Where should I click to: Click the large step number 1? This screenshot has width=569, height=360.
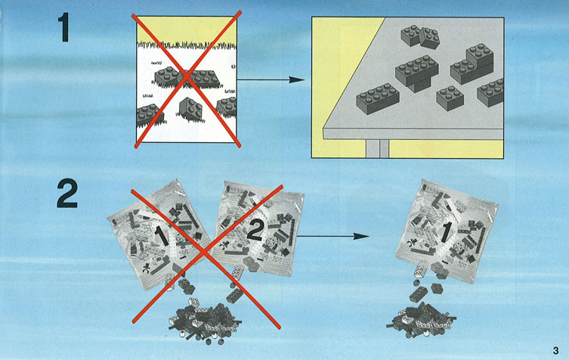pos(64,28)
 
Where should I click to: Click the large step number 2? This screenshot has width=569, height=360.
pos(67,194)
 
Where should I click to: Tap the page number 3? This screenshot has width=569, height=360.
pos(556,351)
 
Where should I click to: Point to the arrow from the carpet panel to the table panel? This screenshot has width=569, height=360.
pos(271,79)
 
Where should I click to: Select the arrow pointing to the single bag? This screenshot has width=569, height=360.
pos(332,237)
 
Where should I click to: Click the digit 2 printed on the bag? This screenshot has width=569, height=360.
pos(255,231)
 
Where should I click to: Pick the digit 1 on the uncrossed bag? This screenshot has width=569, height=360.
pos(446,232)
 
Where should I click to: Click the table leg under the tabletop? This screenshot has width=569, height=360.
pos(377,148)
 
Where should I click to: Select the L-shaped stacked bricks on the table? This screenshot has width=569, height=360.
pos(472,64)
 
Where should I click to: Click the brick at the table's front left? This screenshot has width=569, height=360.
pos(378,99)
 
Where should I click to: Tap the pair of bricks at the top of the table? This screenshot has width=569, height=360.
pos(420,37)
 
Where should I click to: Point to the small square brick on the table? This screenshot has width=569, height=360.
pos(450,98)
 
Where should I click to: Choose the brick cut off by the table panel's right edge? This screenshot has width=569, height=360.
pos(490,92)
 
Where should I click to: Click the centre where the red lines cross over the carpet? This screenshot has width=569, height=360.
pos(187,76)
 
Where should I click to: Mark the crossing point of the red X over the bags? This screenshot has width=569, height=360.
pos(206,253)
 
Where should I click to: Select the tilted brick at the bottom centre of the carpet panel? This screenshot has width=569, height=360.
pos(190,110)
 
